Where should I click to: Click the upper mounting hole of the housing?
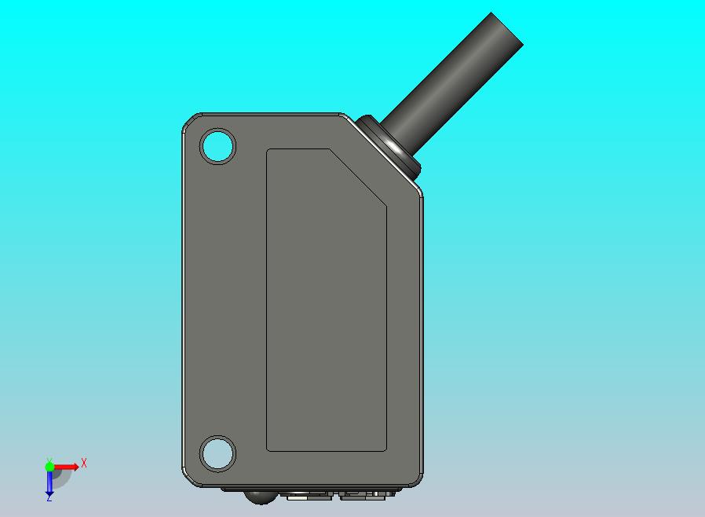[x=217, y=147]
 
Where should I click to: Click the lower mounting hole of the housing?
[x=217, y=453]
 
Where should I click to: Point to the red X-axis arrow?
[x=68, y=467]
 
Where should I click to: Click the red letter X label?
[x=84, y=464]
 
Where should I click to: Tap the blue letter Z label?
[x=49, y=498]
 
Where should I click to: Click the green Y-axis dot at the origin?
[x=49, y=466]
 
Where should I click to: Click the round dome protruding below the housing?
[x=258, y=496]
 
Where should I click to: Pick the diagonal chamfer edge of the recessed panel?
[x=357, y=178]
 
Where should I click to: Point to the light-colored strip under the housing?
[x=298, y=496]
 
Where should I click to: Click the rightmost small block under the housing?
[x=382, y=493]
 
